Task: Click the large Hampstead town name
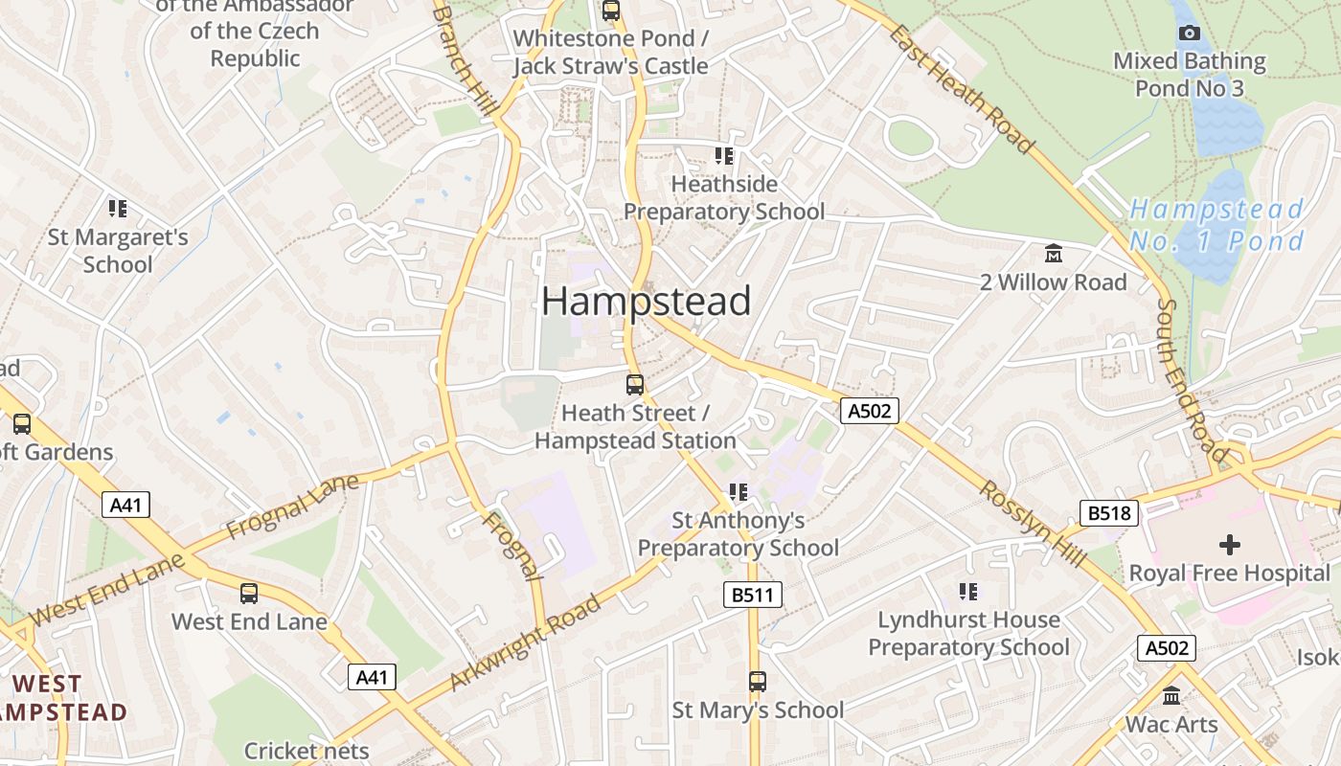647,302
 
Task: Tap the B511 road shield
752,596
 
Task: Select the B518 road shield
1109,513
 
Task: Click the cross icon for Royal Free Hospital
1230,545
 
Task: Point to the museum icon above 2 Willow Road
1054,254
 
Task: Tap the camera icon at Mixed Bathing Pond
1190,33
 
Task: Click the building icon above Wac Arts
1171,696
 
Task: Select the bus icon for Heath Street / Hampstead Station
634,385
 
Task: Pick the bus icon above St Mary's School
758,682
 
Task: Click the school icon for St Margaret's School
118,209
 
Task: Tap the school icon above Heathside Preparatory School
724,155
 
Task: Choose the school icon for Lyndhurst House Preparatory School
968,592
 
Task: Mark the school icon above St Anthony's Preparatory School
738,492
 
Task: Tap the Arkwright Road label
526,642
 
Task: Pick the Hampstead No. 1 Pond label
1216,225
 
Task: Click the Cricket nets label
307,751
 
